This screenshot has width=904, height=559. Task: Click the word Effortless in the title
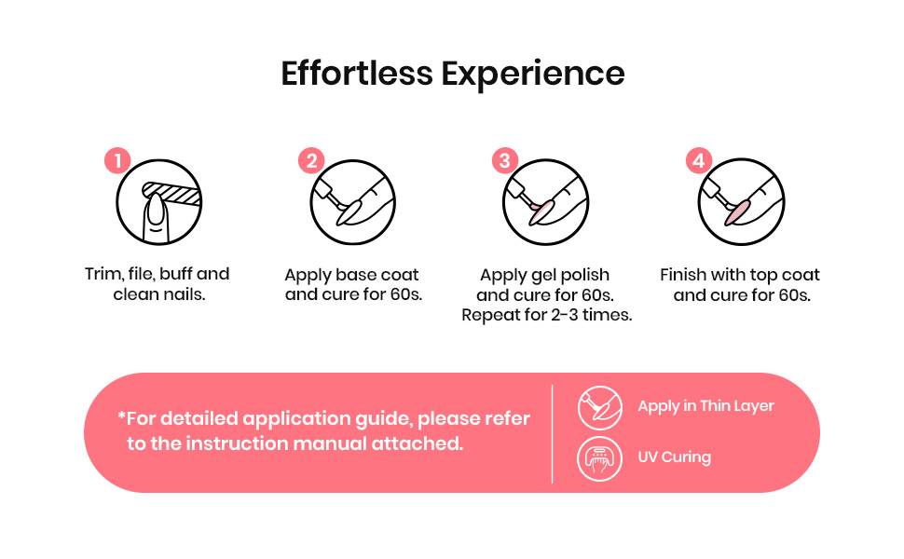(x=357, y=74)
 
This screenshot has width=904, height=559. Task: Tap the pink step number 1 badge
(x=117, y=161)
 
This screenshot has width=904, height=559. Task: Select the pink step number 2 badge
(x=311, y=161)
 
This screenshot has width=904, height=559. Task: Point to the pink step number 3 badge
(x=504, y=161)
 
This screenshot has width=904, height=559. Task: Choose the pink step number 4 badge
(x=699, y=161)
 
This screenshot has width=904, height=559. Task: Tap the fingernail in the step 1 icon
(x=156, y=211)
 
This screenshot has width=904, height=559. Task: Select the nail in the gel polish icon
(x=542, y=211)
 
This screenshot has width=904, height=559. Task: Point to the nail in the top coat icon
(x=737, y=211)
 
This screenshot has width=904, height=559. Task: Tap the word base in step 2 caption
(x=357, y=275)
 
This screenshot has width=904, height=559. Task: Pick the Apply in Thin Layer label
(x=705, y=406)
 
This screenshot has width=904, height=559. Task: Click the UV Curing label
(x=674, y=457)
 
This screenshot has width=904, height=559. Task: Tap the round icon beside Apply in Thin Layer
(x=599, y=408)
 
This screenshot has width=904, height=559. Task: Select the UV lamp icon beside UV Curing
(x=599, y=459)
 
